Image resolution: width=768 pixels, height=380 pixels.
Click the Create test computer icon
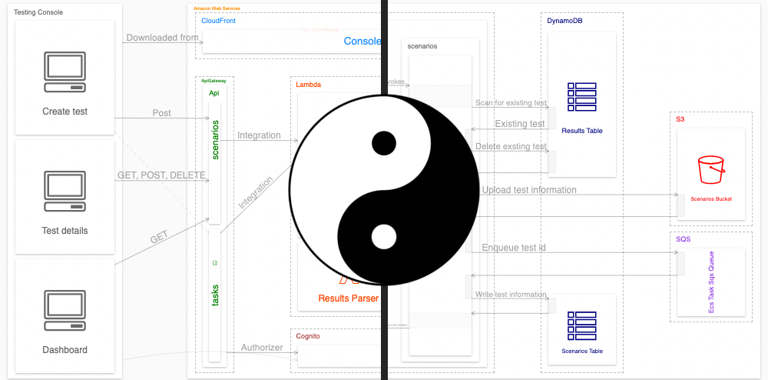click(x=65, y=67)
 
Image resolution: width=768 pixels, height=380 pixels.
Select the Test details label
click(x=65, y=231)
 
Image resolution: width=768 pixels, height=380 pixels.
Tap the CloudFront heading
click(x=218, y=21)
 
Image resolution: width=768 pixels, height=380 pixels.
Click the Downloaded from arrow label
click(x=162, y=38)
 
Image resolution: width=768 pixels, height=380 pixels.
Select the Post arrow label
click(x=161, y=113)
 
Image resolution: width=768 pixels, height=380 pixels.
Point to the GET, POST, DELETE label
click(x=161, y=175)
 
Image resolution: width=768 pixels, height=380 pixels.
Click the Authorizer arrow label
click(x=262, y=348)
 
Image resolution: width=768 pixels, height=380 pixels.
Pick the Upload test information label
click(x=529, y=190)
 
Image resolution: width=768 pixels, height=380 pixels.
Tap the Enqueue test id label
click(x=515, y=248)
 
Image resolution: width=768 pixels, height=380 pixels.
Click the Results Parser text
click(x=349, y=298)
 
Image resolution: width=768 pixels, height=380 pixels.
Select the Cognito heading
click(x=308, y=337)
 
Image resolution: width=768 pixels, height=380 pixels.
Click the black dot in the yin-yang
click(x=384, y=143)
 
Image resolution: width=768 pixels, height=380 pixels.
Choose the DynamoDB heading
click(x=560, y=21)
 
